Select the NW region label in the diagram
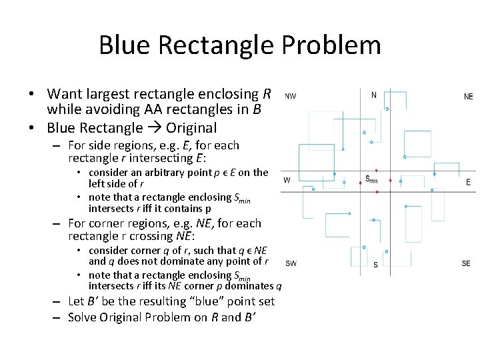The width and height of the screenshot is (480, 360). click(x=291, y=96)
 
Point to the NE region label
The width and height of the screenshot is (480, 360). click(x=468, y=97)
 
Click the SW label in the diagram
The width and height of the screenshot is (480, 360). click(x=291, y=263)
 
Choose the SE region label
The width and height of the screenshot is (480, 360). click(x=466, y=263)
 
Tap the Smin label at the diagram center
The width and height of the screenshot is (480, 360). click(x=371, y=179)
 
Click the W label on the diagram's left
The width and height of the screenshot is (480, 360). click(x=287, y=180)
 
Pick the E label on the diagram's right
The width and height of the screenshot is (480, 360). click(x=468, y=181)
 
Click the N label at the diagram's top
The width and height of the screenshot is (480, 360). click(x=373, y=95)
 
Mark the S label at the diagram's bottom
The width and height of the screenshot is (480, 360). click(x=375, y=265)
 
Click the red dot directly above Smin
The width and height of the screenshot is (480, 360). click(x=377, y=170)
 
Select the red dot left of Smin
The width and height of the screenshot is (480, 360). click(x=361, y=180)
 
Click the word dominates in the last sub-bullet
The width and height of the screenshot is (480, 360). click(x=251, y=286)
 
